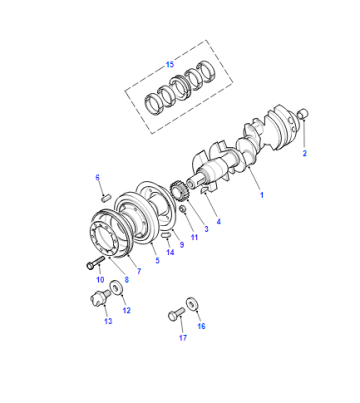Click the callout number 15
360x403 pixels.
point(170,64)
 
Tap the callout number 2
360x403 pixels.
point(304,153)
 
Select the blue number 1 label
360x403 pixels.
point(262,195)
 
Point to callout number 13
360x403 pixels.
point(108,321)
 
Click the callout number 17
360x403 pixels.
point(183,338)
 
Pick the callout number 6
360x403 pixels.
point(98,177)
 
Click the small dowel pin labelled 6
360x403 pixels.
point(106,198)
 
